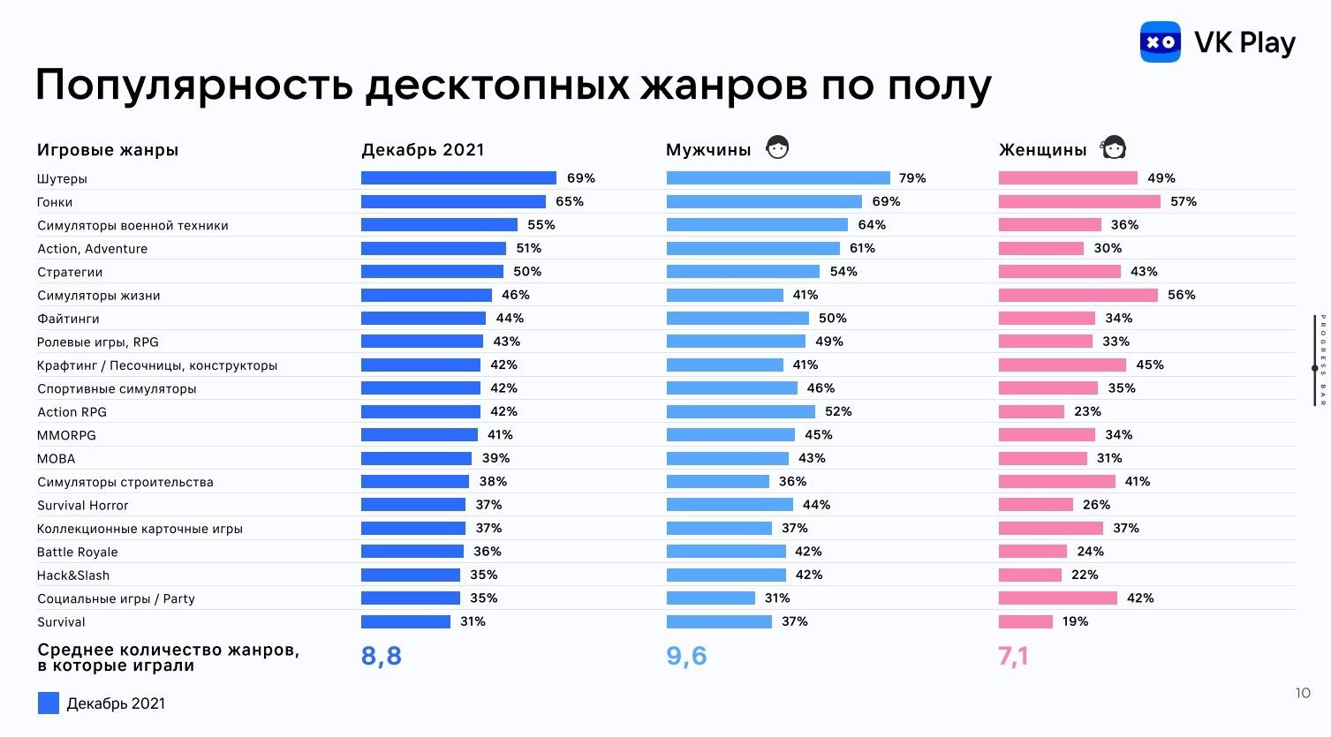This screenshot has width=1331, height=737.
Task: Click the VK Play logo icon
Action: (1160, 41)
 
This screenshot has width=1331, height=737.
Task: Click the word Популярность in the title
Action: (194, 86)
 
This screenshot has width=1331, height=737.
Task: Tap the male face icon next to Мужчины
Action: (777, 147)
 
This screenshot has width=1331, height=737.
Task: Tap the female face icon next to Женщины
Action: (1113, 147)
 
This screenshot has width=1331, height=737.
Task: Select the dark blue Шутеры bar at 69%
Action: (458, 178)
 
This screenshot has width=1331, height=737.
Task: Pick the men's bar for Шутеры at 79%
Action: (778, 178)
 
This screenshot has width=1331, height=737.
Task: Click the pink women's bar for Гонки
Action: (1079, 201)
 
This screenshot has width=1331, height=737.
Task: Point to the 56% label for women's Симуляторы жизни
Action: (1181, 295)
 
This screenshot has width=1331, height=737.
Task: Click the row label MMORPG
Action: (66, 435)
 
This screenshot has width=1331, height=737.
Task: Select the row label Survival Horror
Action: (83, 506)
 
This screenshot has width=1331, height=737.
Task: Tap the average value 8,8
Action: (382, 656)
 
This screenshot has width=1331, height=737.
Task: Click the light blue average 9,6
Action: (686, 656)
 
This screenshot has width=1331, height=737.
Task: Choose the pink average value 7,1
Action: (1013, 656)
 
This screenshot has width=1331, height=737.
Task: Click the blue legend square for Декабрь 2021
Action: (49, 703)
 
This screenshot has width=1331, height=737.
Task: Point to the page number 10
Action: (1303, 693)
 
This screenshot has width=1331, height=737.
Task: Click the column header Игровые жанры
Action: (108, 150)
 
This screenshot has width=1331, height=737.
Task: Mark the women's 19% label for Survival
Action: (1075, 621)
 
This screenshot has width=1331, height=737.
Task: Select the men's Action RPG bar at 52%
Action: (740, 411)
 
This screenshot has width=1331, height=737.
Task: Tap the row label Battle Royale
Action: (78, 553)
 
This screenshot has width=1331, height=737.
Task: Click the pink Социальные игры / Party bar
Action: (1057, 598)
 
